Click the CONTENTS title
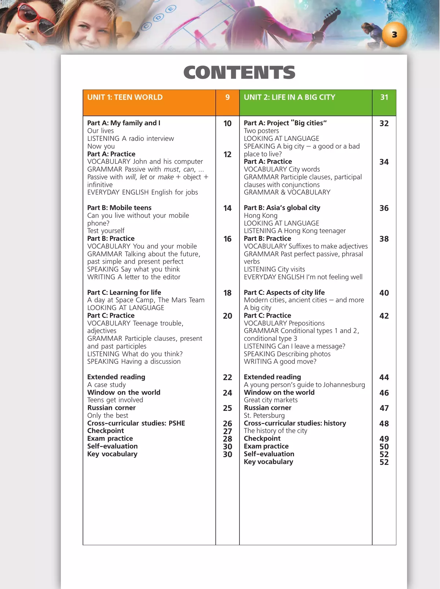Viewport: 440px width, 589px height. click(239, 72)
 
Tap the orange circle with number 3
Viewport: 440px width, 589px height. click(394, 35)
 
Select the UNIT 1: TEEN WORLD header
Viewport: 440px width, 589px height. click(125, 97)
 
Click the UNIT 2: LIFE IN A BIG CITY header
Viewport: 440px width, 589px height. click(289, 97)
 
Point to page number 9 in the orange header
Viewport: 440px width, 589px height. click(227, 97)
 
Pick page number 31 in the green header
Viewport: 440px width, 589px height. click(384, 97)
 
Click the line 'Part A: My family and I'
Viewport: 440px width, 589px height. click(124, 123)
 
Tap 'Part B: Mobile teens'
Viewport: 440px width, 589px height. click(119, 208)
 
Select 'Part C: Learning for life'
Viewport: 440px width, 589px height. click(124, 292)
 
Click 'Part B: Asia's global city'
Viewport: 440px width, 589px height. click(282, 208)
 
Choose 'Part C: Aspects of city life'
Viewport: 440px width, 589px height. click(284, 292)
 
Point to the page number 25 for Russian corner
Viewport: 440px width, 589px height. click(227, 408)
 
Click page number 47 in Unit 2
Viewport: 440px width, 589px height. click(384, 408)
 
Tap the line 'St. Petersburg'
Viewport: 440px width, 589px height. click(264, 415)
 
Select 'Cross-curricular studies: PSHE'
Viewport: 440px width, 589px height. click(136, 423)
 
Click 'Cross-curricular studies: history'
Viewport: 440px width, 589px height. click(295, 423)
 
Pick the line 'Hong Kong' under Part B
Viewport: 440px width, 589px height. click(260, 216)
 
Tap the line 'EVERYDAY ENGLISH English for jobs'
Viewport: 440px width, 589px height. click(142, 192)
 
